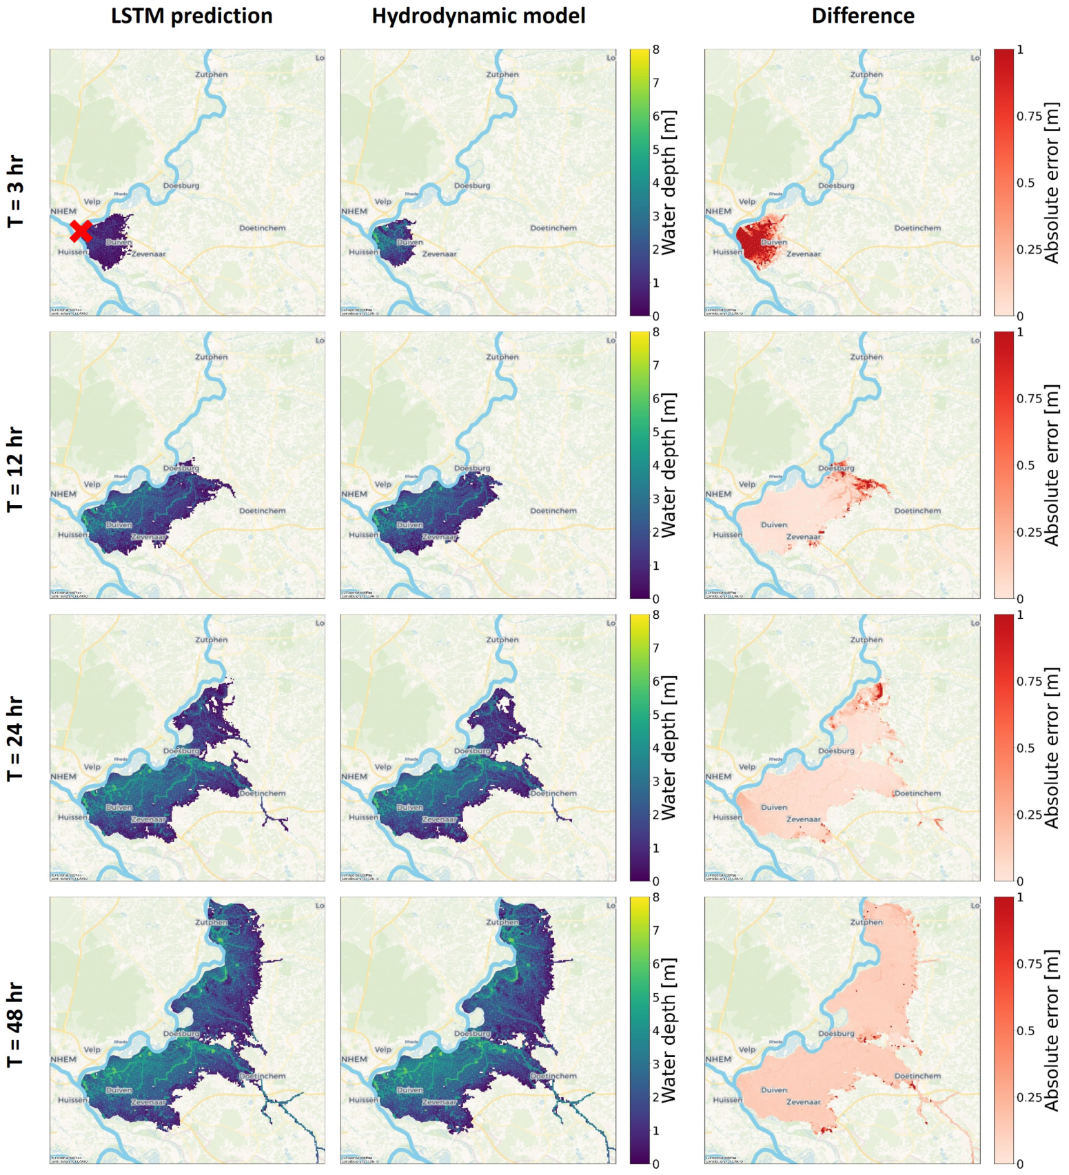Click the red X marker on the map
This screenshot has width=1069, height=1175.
tap(81, 231)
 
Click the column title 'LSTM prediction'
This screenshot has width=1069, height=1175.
tap(192, 16)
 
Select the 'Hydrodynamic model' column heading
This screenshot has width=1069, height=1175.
tap(478, 16)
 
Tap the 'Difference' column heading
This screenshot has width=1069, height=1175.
tap(862, 16)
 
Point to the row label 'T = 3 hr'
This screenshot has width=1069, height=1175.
tap(16, 191)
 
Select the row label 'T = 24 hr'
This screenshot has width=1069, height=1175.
tap(16, 739)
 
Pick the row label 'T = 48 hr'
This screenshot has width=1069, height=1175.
tap(16, 1025)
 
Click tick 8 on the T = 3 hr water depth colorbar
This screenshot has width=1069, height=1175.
tap(655, 50)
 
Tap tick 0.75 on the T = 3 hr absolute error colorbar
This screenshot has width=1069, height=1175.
tap(1029, 116)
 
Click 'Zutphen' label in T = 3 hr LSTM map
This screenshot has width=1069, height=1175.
tap(211, 74)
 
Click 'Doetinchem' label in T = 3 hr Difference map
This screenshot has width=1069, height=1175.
tap(917, 228)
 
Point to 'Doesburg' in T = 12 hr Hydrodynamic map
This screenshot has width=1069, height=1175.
tap(472, 469)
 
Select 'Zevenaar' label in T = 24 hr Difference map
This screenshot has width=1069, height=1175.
tap(803, 819)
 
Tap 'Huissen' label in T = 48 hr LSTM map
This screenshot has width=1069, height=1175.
tap(72, 1100)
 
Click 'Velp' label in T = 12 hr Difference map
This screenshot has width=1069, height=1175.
tap(747, 484)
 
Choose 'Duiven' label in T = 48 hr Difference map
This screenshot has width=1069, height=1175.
tap(773, 1090)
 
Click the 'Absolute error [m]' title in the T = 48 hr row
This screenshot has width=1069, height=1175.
tap(1051, 1030)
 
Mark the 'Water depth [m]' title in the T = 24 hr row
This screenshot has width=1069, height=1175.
tap(668, 747)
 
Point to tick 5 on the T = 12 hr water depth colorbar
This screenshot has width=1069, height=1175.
tap(655, 432)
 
